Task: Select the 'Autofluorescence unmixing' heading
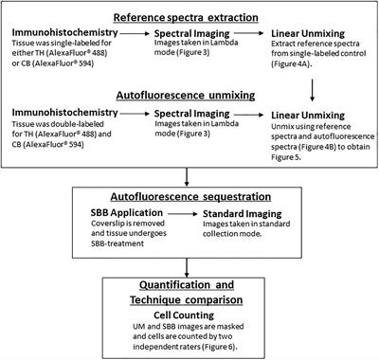(189, 97)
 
